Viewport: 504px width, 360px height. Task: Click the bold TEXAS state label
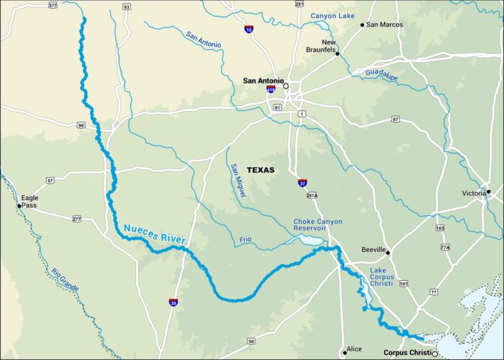tap(261, 170)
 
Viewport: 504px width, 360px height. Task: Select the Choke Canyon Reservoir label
tap(318, 225)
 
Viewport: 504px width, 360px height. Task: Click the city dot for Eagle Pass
tap(19, 206)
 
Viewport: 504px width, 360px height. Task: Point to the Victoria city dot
tap(488, 192)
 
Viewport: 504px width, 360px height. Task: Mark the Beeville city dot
tap(388, 253)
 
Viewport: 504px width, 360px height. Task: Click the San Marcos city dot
tap(363, 25)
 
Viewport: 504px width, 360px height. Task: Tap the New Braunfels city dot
tap(337, 53)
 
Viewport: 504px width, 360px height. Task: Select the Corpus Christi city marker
tap(434, 353)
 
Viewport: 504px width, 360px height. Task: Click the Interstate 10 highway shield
tap(248, 30)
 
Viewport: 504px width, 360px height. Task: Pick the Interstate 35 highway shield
tap(174, 302)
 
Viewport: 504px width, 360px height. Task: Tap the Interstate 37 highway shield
tap(302, 183)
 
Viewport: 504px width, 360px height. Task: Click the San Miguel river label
tap(238, 181)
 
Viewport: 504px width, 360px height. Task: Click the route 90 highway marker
tap(81, 125)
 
